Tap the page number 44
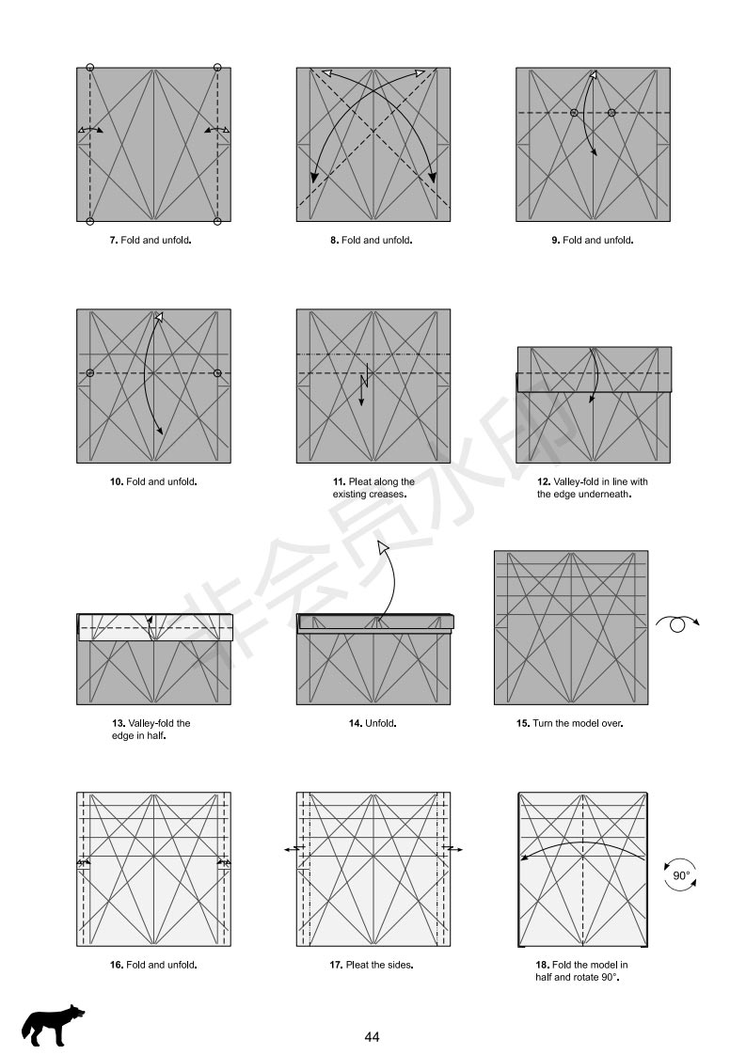(373, 1037)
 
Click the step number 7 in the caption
(114, 241)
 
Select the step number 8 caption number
(334, 241)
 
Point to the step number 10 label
(117, 482)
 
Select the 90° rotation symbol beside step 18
(680, 875)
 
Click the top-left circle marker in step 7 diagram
(90, 68)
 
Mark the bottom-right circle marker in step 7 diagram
(217, 221)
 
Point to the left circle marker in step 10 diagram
(90, 373)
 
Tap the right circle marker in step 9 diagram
(611, 113)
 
